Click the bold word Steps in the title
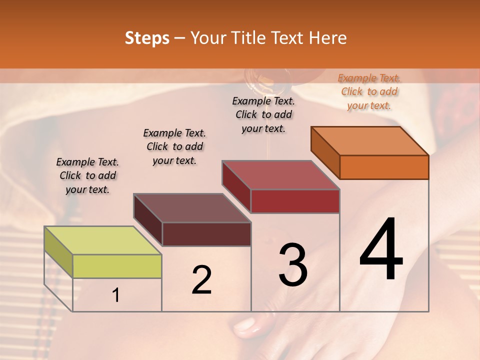point(147,38)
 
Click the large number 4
point(381,250)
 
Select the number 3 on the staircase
point(293,265)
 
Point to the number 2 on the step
point(201,280)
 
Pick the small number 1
point(115,295)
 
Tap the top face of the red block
point(281,175)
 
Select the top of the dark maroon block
point(192,208)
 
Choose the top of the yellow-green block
point(103,240)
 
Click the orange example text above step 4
point(369,91)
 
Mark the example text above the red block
point(263,114)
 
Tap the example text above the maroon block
point(174,146)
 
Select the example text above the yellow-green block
point(87,175)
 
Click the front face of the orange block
point(384,167)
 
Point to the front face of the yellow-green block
point(117,266)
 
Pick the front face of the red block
point(295,201)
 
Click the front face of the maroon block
point(206,234)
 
